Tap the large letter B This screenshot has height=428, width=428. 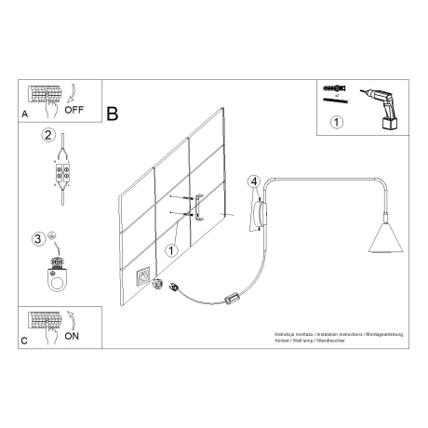(112, 114)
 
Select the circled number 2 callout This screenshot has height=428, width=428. (48, 135)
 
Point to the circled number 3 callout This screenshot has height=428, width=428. (38, 239)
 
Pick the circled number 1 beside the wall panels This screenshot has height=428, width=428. (170, 249)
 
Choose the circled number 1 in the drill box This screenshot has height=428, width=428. (337, 121)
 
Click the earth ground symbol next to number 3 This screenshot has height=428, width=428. (53, 235)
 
